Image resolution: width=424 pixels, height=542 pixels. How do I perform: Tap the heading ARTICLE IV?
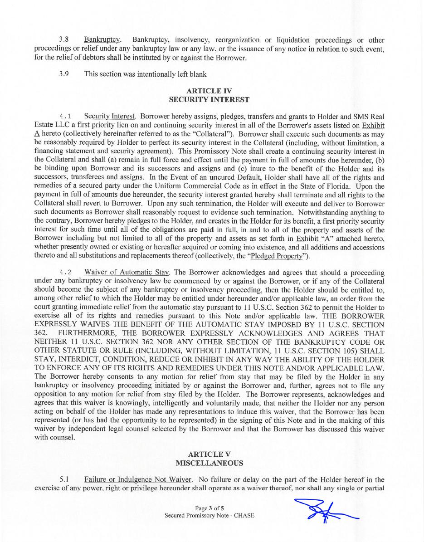(209, 91)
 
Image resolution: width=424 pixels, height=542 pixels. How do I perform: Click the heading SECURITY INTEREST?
(209, 99)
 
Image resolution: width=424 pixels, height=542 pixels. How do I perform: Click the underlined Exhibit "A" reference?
(314, 239)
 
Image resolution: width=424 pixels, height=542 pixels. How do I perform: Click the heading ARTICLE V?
(209, 454)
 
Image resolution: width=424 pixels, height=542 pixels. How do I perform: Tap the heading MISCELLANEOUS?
(209, 463)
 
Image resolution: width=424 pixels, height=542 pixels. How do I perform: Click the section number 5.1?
(64, 479)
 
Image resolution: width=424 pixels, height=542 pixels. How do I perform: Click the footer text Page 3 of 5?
(209, 508)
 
